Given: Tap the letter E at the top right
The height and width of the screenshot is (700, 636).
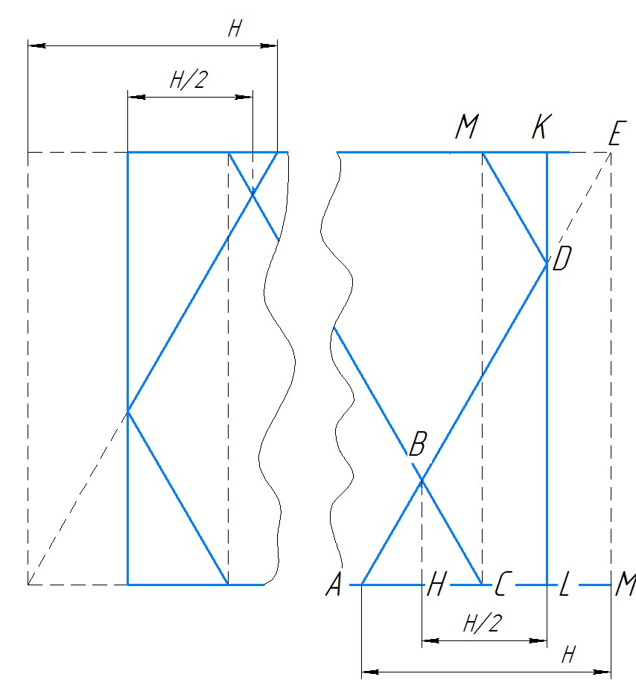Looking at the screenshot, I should point(615,136).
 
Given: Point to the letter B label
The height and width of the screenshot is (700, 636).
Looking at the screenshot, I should point(418,446).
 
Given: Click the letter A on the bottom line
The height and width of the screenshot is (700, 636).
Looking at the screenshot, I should point(334,587).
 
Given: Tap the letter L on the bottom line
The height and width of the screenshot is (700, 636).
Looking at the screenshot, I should point(565,588).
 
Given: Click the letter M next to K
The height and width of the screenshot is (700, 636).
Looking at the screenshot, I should point(466,129).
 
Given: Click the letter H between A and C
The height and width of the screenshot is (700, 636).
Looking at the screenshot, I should point(436,588).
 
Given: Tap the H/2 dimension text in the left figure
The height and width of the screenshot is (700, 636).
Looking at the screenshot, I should point(188,80).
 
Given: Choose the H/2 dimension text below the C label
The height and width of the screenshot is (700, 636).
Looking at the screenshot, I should point(482,624).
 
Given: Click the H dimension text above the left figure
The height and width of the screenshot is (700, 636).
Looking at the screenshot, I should point(235,30).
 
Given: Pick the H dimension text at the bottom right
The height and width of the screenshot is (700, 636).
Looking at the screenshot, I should point(568,655).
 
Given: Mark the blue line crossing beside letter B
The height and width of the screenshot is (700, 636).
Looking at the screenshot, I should point(422,481).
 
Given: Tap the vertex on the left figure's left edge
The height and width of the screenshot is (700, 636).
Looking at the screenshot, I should point(128,410).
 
